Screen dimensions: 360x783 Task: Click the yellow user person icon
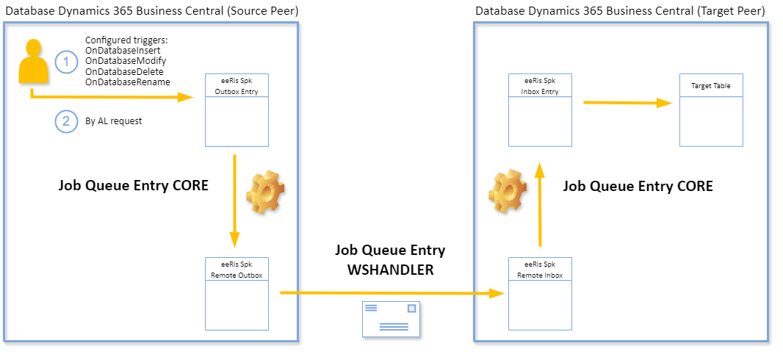tap(33, 62)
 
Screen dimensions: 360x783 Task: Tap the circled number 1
tap(66, 62)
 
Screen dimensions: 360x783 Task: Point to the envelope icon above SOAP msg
tap(391, 317)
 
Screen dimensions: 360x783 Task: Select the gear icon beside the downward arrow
tap(265, 193)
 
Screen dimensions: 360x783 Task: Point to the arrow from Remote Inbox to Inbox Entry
tap(540, 206)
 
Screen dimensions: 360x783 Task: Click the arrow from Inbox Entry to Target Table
tap(628, 103)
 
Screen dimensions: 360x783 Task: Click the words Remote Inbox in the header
tap(540, 276)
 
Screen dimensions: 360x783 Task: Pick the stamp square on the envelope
tap(411, 309)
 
